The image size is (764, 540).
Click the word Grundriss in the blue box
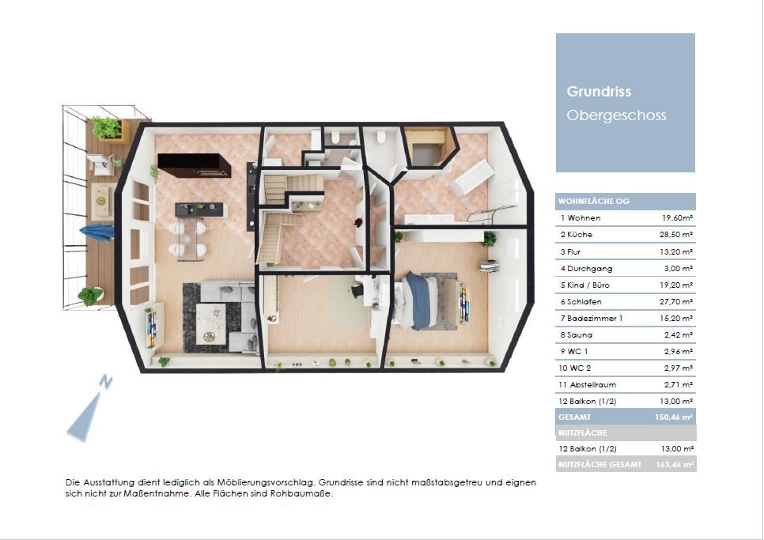click(x=599, y=92)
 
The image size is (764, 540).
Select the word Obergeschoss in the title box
click(x=616, y=115)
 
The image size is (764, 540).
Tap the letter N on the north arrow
click(x=106, y=382)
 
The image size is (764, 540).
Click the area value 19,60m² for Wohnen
click(x=677, y=218)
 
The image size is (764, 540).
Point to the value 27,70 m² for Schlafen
click(x=676, y=302)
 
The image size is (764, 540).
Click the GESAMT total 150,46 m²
click(x=674, y=417)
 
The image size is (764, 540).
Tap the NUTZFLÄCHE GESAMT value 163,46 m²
click(x=675, y=465)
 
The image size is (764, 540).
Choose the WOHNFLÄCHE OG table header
click(x=593, y=201)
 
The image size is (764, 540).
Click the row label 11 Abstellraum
click(x=587, y=385)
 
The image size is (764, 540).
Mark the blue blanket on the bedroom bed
click(x=418, y=300)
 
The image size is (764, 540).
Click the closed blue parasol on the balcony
click(x=97, y=232)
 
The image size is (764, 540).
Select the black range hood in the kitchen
click(x=194, y=165)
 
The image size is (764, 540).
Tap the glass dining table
click(x=187, y=239)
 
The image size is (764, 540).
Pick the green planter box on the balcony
click(x=110, y=129)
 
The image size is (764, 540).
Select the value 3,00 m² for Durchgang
click(x=679, y=268)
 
